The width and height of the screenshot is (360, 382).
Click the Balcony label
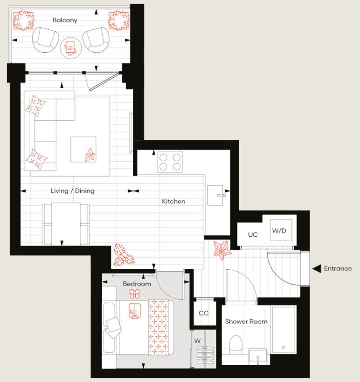65,20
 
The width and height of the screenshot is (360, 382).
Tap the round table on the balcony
71,48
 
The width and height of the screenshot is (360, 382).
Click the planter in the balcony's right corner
118,21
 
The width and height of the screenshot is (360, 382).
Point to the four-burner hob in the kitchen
170,162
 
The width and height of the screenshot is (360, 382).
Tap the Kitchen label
173,202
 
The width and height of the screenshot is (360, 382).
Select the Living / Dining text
72,191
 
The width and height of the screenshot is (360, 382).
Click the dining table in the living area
66,223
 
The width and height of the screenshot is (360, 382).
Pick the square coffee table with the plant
83,149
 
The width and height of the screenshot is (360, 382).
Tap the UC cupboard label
253,234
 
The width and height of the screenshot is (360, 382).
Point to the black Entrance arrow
317,268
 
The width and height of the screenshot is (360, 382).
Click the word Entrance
338,269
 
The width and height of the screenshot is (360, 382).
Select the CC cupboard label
204,313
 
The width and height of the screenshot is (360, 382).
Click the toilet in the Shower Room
236,347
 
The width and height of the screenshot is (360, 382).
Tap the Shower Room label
246,321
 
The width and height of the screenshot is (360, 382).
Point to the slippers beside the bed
134,293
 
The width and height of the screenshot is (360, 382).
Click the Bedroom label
137,284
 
